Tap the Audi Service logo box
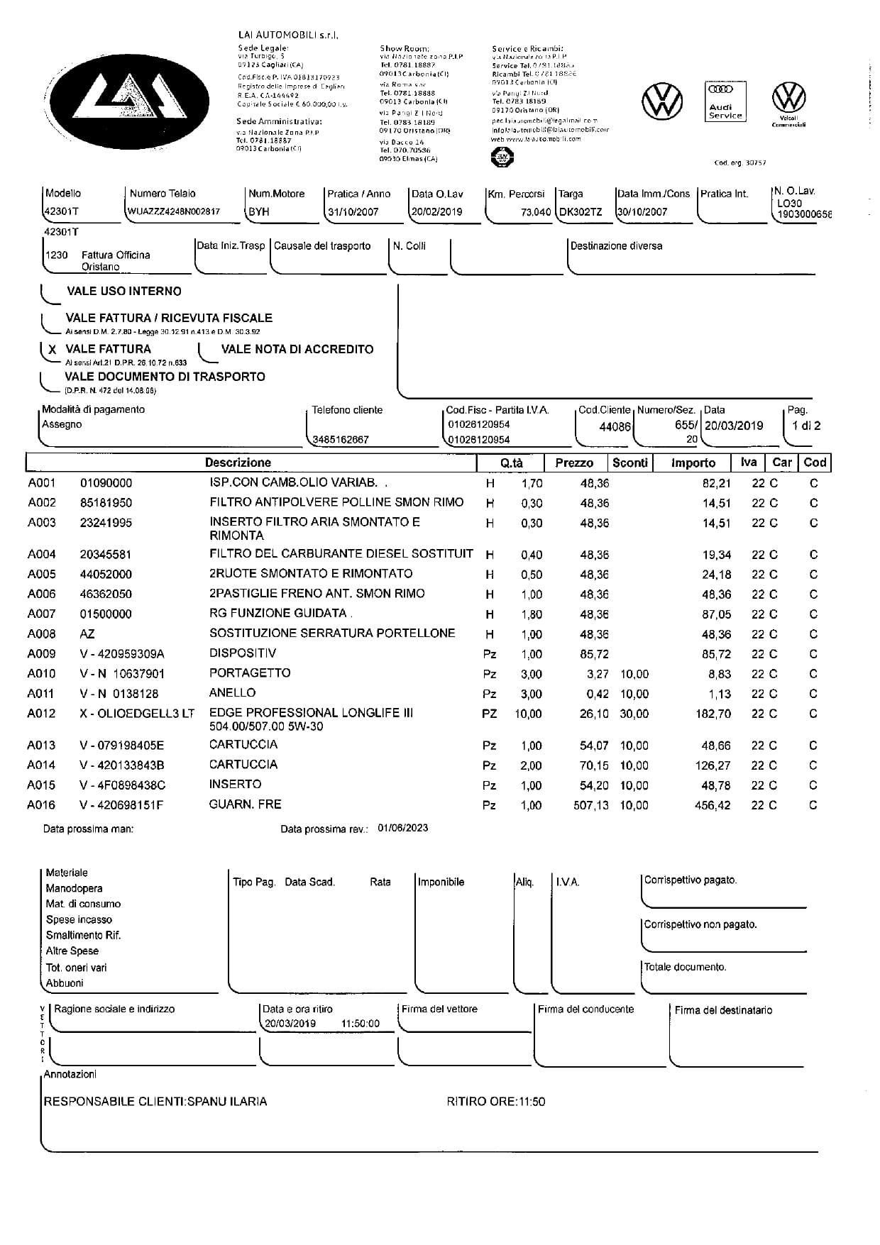725,101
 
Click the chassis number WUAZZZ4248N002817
174,211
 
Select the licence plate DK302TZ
580,211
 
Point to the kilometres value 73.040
535,211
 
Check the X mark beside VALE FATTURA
53,350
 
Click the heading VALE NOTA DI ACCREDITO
297,349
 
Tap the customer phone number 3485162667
341,440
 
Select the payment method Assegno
62,424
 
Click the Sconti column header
629,463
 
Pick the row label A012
41,714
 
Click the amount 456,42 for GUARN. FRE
713,805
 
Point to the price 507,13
590,805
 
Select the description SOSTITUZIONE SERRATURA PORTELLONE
332,633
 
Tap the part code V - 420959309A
121,654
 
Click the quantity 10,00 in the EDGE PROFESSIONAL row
528,714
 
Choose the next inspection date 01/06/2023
402,828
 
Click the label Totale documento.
685,967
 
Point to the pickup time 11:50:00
360,1024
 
